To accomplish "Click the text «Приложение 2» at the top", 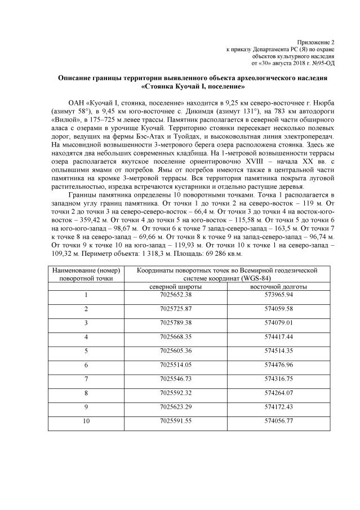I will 316,43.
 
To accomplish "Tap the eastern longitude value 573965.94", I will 272,295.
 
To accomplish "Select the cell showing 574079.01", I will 272,323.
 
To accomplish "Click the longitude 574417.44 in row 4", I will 272,337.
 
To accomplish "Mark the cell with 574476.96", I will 272,365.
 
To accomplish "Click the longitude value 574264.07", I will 272,393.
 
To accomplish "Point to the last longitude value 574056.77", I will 272,420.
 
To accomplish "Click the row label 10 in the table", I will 86,420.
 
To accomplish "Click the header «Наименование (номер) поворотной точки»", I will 86,274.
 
